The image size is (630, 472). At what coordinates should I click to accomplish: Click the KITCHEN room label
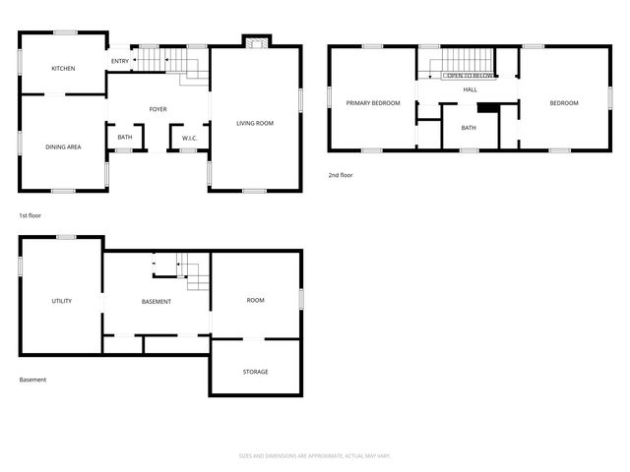[63, 68]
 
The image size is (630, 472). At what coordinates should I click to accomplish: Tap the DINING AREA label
[63, 147]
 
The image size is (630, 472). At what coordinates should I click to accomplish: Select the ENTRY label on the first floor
[119, 61]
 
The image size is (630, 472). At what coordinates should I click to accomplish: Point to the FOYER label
[157, 108]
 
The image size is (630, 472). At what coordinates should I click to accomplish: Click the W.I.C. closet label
[189, 138]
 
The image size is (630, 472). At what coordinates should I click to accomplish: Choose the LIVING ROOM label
[254, 123]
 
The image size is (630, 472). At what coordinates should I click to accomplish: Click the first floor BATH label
[125, 138]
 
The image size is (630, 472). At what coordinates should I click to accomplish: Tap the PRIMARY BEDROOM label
[372, 102]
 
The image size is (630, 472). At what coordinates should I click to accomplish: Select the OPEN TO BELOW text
[468, 75]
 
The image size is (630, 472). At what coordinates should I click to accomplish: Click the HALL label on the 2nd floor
[470, 89]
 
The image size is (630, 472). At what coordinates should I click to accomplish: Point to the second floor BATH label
[469, 128]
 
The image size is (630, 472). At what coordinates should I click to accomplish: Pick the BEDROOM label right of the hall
[563, 102]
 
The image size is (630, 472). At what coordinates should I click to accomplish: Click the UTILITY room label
[62, 301]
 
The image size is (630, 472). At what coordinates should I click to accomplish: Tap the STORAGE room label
[255, 372]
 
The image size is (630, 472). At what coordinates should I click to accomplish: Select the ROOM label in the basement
[255, 300]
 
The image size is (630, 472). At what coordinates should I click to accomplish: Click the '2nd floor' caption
[341, 175]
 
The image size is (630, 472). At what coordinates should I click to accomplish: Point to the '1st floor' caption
[30, 214]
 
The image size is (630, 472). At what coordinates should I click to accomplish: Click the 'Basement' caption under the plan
[32, 380]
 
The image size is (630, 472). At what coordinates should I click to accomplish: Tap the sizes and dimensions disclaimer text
[314, 455]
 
